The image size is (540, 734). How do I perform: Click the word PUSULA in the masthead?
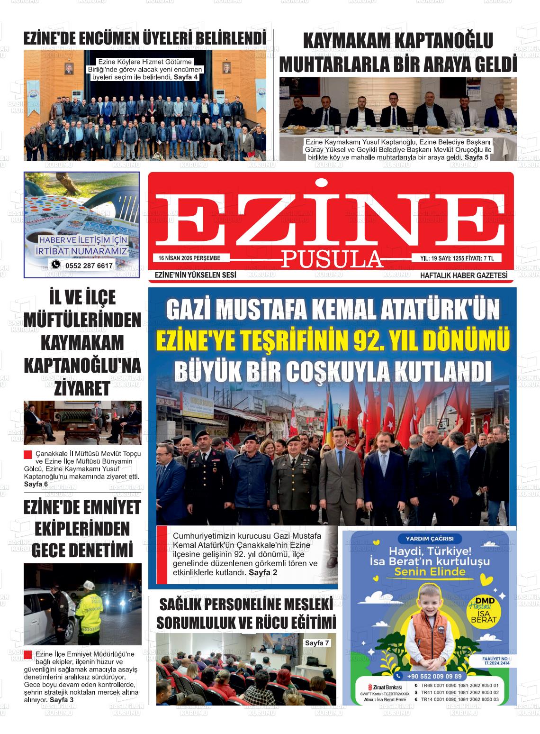point(333,259)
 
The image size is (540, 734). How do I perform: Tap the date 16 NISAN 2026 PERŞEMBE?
point(190,258)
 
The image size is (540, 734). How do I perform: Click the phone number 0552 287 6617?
point(89,266)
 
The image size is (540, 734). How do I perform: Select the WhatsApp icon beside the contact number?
point(56,265)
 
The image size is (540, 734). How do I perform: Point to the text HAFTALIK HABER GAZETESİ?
point(463,275)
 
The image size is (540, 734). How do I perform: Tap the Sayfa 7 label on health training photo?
point(317,643)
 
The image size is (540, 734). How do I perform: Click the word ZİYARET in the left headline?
point(82,388)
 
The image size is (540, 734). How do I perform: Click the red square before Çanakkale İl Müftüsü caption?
point(27,454)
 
